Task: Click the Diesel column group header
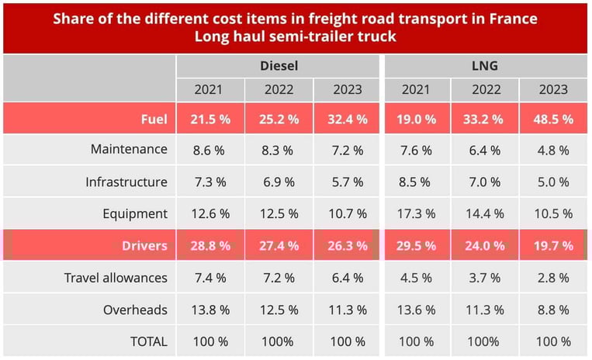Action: (279, 66)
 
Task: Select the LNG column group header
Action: (485, 66)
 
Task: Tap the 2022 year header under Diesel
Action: (279, 89)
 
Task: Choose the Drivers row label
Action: (144, 246)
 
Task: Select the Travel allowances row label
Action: (116, 278)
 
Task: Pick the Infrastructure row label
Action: (126, 182)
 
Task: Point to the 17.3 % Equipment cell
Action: (417, 214)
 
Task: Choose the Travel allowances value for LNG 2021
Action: (417, 278)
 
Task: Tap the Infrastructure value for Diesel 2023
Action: (348, 182)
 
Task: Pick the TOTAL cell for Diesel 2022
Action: (279, 341)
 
